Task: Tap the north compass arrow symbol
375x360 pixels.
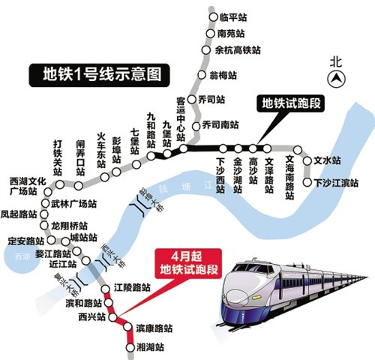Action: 339,77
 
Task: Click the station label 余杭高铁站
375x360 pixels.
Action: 238,50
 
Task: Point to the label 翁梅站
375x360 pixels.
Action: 223,76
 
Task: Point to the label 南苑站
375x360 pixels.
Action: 231,34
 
